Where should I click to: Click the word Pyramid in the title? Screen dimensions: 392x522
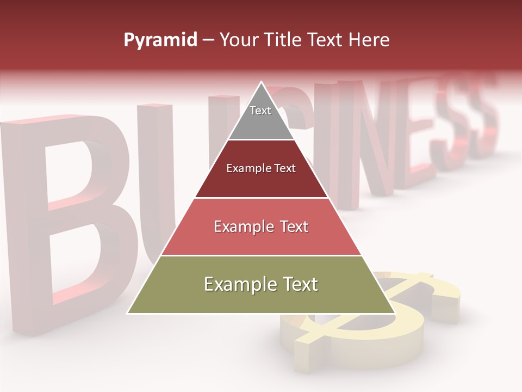[160, 40]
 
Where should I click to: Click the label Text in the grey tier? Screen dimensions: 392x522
[260, 111]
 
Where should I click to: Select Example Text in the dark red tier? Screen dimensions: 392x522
[261, 168]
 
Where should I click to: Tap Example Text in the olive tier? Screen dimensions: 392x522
[261, 284]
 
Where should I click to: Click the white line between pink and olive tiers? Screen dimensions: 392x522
[261, 255]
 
